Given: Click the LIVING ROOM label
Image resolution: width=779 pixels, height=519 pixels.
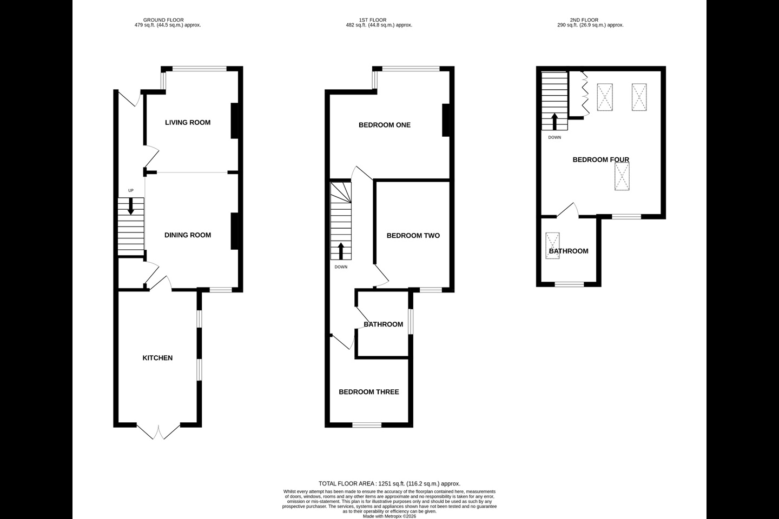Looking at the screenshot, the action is [x=187, y=122].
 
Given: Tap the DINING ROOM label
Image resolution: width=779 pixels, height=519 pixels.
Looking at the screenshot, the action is [x=187, y=235].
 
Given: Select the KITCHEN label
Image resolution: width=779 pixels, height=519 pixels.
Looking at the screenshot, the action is [x=157, y=358].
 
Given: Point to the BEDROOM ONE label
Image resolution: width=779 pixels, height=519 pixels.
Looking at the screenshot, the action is [x=385, y=125].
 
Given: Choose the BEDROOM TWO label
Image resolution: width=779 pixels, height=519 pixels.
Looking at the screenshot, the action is [x=413, y=235].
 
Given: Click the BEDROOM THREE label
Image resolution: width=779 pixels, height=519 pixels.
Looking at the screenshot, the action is [x=369, y=392].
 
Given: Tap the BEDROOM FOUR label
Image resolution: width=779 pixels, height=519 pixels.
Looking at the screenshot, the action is [x=601, y=159].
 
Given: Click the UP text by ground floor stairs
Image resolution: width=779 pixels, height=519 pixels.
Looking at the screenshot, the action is [x=131, y=190].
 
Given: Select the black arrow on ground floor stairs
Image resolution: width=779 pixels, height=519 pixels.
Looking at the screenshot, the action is [x=131, y=206].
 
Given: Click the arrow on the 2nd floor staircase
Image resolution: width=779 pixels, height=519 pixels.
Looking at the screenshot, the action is [x=554, y=122].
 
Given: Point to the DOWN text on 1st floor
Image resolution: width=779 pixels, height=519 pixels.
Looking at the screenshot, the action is [x=341, y=267].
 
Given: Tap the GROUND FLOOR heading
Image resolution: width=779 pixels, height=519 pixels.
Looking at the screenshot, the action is [x=163, y=20].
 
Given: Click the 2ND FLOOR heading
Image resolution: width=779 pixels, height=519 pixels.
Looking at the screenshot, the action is [x=584, y=20].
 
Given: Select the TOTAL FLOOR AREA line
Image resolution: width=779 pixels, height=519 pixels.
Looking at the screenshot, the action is [x=389, y=483].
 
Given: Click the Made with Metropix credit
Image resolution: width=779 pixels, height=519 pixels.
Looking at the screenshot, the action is [x=389, y=516].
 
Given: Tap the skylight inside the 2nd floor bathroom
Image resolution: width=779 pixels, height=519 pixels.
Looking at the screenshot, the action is [x=553, y=246].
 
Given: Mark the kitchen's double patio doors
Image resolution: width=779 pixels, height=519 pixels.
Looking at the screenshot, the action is [x=159, y=431].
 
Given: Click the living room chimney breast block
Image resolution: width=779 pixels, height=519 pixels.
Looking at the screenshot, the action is [x=235, y=121].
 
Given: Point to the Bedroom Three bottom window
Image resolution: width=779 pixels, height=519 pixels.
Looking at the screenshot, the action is [x=367, y=425].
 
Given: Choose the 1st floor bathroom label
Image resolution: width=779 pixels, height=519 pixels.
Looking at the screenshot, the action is [x=383, y=324].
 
